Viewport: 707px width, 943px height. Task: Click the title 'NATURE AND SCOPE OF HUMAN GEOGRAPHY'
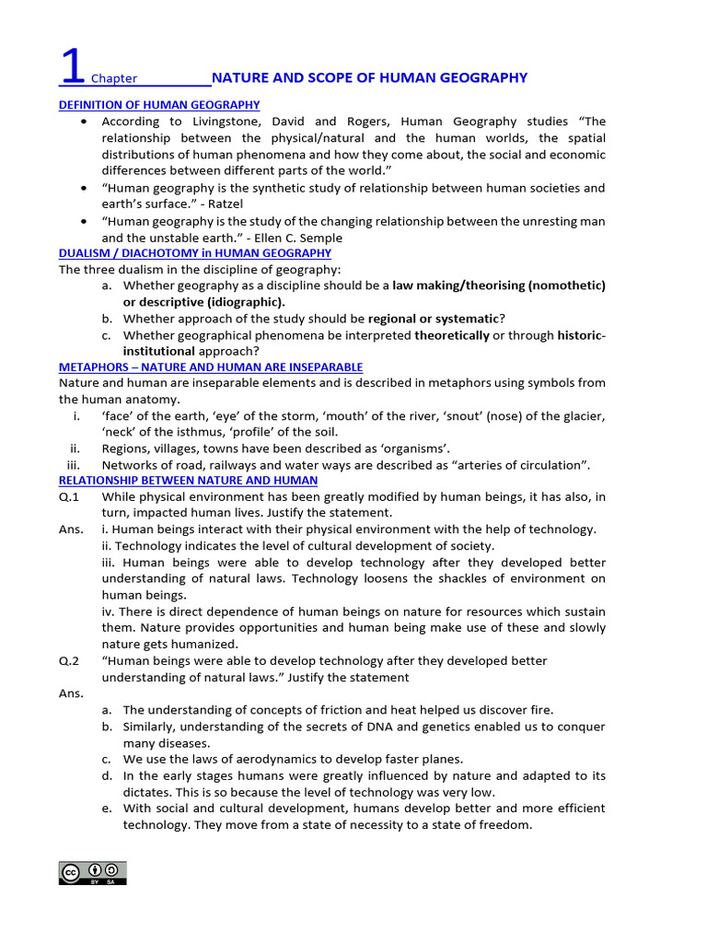pyautogui.click(x=369, y=77)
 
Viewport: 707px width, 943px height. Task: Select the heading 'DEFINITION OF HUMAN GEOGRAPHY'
pyautogui.click(x=159, y=105)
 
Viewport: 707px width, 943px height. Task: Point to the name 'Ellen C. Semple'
pyautogui.click(x=286, y=238)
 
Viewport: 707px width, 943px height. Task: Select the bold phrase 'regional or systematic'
pyautogui.click(x=433, y=319)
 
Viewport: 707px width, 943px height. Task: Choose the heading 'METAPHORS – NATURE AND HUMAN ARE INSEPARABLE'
pyautogui.click(x=211, y=367)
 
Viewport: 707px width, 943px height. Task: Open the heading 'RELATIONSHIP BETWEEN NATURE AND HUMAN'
pyautogui.click(x=188, y=481)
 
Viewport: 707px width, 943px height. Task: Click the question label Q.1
pyautogui.click(x=70, y=497)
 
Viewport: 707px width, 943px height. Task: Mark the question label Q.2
pyautogui.click(x=70, y=661)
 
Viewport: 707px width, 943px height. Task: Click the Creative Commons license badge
pyautogui.click(x=92, y=873)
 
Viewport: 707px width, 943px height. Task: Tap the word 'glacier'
pyautogui.click(x=584, y=416)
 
